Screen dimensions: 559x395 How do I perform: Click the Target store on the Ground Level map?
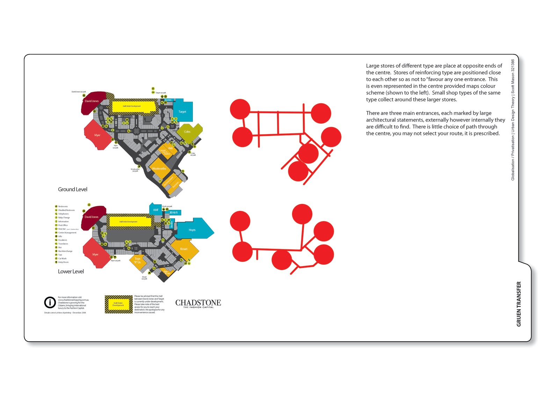(x=183, y=111)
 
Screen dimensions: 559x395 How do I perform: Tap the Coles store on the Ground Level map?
(x=188, y=132)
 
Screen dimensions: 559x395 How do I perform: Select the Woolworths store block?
(x=159, y=169)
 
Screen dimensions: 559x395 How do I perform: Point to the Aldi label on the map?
(x=170, y=148)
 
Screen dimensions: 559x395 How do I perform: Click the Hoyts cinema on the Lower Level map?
(x=193, y=229)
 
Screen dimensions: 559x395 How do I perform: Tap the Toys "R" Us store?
(x=138, y=261)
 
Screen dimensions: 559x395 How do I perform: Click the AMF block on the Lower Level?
(x=155, y=210)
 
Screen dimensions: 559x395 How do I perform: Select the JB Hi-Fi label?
(x=174, y=212)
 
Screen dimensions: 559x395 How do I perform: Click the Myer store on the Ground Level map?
(x=97, y=135)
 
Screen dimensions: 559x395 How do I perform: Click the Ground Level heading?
(x=73, y=189)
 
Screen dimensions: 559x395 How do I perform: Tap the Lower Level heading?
(x=71, y=271)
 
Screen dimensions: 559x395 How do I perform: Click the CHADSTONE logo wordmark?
(x=198, y=302)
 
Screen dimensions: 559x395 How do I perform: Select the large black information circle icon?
(x=50, y=302)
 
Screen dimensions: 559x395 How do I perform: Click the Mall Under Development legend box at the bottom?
(x=118, y=304)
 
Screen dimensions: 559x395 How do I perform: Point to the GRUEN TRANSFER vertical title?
(x=519, y=304)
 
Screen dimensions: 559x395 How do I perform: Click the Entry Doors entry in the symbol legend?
(x=63, y=262)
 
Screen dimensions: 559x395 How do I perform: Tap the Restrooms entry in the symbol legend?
(x=63, y=206)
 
